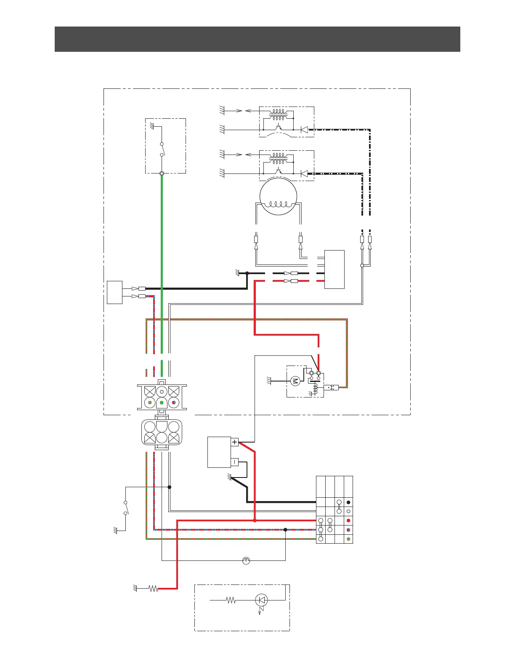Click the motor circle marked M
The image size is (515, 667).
click(295, 382)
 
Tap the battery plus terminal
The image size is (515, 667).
click(235, 442)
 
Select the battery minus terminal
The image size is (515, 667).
click(235, 462)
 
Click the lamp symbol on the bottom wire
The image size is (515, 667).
click(246, 560)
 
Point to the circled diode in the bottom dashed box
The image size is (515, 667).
click(262, 600)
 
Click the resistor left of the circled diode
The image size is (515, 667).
click(231, 600)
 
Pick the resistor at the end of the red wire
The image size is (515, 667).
click(154, 588)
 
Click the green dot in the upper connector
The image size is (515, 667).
click(162, 403)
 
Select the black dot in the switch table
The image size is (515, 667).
click(348, 502)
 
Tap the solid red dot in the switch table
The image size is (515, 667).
click(348, 520)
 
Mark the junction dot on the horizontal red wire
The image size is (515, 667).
click(255, 520)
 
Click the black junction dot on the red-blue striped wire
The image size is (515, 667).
click(285, 530)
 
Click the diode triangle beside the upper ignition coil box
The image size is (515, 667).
click(304, 130)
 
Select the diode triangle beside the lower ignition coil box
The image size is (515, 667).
click(304, 173)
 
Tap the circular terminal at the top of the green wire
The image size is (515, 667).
click(162, 173)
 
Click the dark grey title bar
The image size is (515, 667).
click(257, 39)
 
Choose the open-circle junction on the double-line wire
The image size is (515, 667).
click(362, 266)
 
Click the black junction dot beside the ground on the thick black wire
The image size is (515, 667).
click(247, 273)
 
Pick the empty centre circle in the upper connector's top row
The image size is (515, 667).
click(162, 392)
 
